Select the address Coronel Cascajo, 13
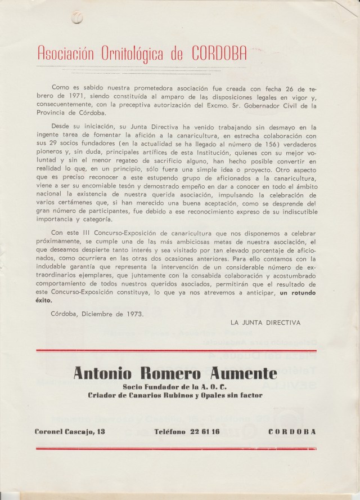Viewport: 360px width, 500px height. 77,432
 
